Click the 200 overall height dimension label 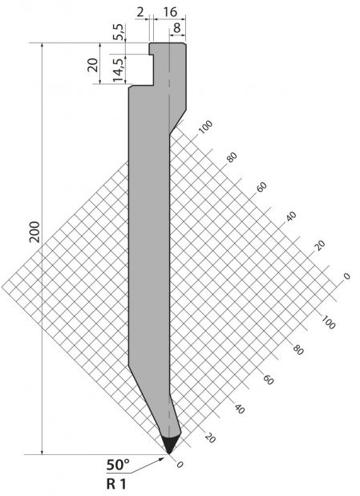tap(34, 232)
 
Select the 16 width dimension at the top tap(170, 12)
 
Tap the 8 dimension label tap(176, 28)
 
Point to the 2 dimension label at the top tap(140, 12)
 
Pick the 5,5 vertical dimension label tap(119, 31)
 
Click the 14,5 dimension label tap(118, 70)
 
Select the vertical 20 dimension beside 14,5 tap(93, 65)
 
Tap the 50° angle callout tap(118, 465)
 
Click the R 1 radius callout tap(116, 484)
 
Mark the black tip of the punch tap(170, 445)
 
